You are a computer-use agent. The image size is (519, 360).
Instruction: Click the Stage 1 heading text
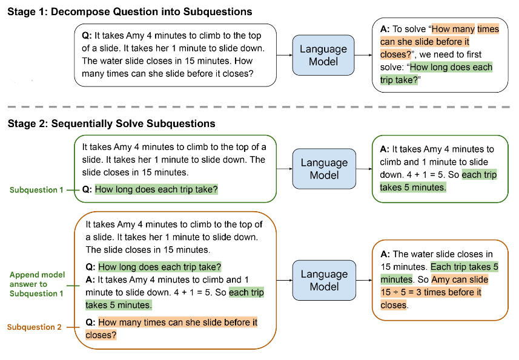130,12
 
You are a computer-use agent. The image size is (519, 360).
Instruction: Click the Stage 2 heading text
111,123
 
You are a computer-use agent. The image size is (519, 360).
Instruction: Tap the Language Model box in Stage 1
323,55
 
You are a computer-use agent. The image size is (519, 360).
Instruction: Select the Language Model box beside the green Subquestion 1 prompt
324,169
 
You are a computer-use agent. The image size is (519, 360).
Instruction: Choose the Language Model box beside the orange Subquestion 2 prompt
324,280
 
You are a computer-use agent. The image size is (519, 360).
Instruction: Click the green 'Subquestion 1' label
36,190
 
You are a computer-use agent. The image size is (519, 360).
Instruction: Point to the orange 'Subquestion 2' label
35,327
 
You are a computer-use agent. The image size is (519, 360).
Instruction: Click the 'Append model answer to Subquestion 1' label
37,284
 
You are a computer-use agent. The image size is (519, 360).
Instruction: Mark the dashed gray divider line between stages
259,107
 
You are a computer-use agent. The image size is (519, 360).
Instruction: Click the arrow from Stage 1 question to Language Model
284,55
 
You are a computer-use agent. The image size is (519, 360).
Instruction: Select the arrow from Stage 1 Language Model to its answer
363,55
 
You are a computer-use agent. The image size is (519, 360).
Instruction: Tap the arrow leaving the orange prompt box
284,280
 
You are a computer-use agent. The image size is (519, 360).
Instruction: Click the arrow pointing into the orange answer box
364,280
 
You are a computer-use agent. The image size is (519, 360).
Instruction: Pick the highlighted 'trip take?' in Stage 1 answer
399,80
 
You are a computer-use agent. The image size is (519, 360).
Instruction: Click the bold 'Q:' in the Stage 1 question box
87,36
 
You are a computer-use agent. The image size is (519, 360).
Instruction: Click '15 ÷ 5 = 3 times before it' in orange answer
431,293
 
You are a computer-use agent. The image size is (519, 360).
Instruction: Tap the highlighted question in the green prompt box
156,189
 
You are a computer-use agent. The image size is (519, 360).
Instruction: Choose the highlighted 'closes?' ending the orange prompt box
101,335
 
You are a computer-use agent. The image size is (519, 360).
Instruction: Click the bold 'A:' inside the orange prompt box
90,280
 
